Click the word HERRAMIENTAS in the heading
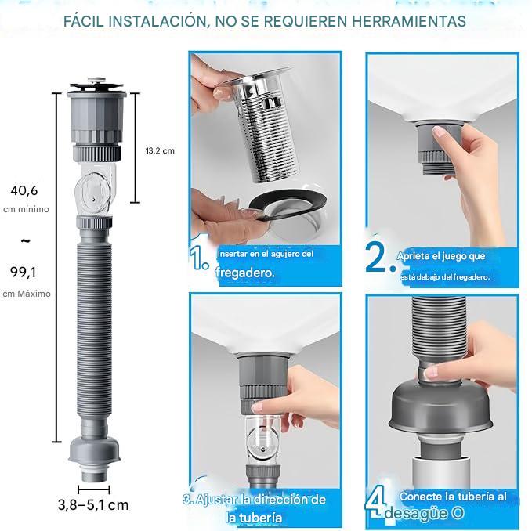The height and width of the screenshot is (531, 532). pyautogui.click(x=408, y=21)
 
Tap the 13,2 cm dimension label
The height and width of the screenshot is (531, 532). pyautogui.click(x=160, y=151)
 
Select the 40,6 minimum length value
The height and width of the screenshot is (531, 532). pyautogui.click(x=24, y=190)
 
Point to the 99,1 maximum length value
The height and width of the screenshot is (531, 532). pyautogui.click(x=24, y=272)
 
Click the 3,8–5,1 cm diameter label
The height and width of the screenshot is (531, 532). pyautogui.click(x=93, y=505)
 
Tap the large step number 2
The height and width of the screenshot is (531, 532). pyautogui.click(x=376, y=257)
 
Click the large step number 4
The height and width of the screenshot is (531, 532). pyautogui.click(x=376, y=502)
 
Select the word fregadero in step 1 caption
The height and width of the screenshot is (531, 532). pyautogui.click(x=245, y=273)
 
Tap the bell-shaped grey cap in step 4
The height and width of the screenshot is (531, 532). pyautogui.click(x=441, y=408)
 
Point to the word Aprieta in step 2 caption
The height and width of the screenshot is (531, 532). pyautogui.click(x=413, y=256)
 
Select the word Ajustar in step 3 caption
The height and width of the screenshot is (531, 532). pyautogui.click(x=215, y=499)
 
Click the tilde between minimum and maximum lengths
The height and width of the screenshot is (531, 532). pyautogui.click(x=25, y=240)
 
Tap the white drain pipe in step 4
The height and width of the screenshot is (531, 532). pyautogui.click(x=441, y=474)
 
